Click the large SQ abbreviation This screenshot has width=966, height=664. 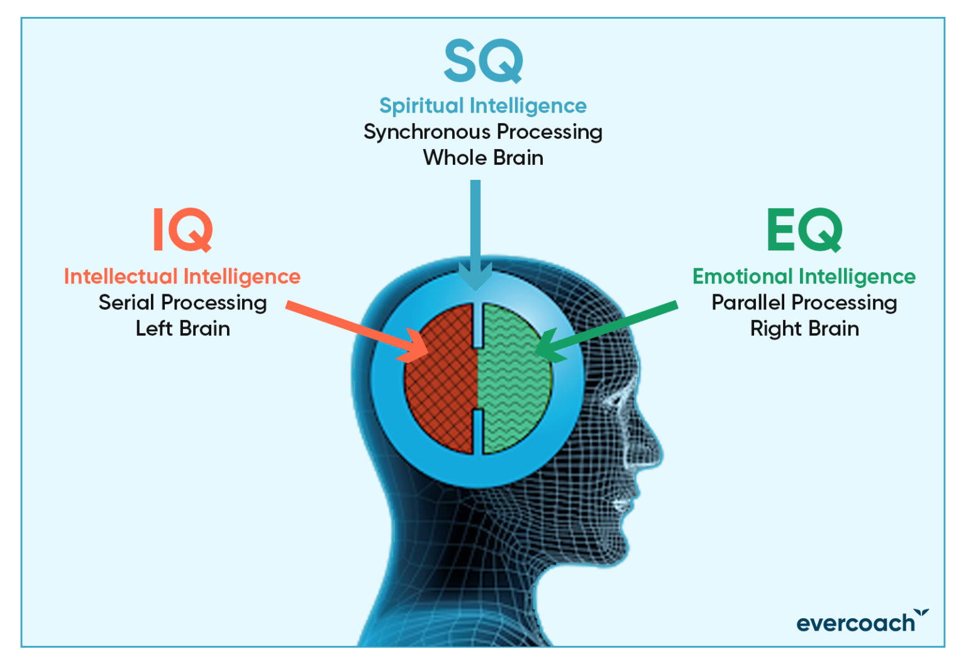[x=483, y=61]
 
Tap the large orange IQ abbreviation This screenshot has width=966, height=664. [x=182, y=230]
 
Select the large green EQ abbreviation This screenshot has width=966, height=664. [x=804, y=230]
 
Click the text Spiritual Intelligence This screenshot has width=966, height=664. [x=483, y=106]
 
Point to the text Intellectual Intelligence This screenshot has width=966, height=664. [x=182, y=277]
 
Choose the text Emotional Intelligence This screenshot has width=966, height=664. [x=804, y=277]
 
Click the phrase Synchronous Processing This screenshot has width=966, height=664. [x=483, y=132]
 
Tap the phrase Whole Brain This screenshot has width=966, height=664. [x=483, y=158]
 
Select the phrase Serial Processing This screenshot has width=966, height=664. [x=182, y=303]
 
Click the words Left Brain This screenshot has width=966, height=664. [x=182, y=329]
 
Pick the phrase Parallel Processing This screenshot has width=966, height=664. [x=804, y=303]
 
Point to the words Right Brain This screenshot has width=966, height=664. [x=804, y=329]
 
